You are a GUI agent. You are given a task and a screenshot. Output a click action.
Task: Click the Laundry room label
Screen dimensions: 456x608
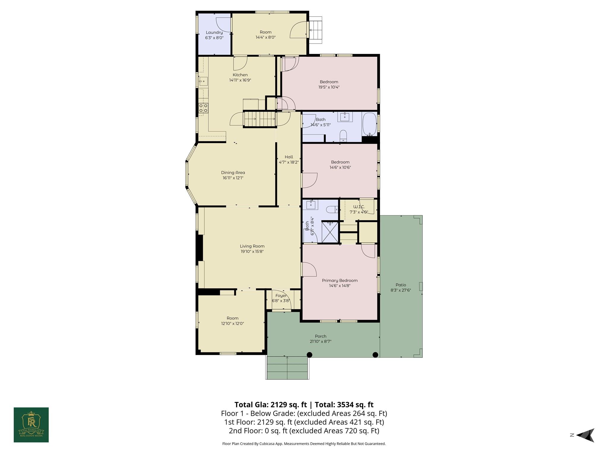pyautogui.click(x=214, y=32)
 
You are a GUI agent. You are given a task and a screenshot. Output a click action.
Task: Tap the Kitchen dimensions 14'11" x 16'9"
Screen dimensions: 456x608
pyautogui.click(x=240, y=80)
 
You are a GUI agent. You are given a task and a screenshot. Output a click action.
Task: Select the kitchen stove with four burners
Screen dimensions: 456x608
pyautogui.click(x=203, y=108)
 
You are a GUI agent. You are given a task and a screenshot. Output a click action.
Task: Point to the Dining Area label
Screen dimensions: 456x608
pyautogui.click(x=233, y=172)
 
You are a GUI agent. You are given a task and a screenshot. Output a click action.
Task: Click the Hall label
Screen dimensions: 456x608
pyautogui.click(x=289, y=157)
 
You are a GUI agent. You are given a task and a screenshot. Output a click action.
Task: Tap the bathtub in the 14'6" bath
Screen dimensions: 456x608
pyautogui.click(x=369, y=124)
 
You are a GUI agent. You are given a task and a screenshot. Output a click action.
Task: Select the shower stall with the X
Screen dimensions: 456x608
pyautogui.click(x=330, y=232)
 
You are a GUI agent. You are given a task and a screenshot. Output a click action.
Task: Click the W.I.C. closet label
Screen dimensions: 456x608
pyautogui.click(x=359, y=207)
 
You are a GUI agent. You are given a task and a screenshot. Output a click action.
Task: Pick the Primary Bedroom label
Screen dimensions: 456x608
pyautogui.click(x=340, y=280)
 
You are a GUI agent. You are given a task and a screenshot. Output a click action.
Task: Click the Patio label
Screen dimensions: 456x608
pyautogui.click(x=400, y=285)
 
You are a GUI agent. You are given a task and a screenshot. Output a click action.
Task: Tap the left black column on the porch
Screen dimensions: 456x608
pyautogui.click(x=309, y=354)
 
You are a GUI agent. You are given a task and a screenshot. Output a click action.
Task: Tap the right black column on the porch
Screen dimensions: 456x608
pyautogui.click(x=375, y=354)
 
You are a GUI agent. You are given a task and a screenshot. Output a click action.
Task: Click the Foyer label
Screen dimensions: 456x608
pyautogui.click(x=281, y=295)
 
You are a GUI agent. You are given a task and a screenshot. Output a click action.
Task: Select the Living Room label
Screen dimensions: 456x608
pyautogui.click(x=252, y=246)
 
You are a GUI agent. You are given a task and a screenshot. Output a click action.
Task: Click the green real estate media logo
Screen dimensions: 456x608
pyautogui.click(x=31, y=425)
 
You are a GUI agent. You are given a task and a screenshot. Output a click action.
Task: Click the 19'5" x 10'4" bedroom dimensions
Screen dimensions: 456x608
pyautogui.click(x=329, y=87)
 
